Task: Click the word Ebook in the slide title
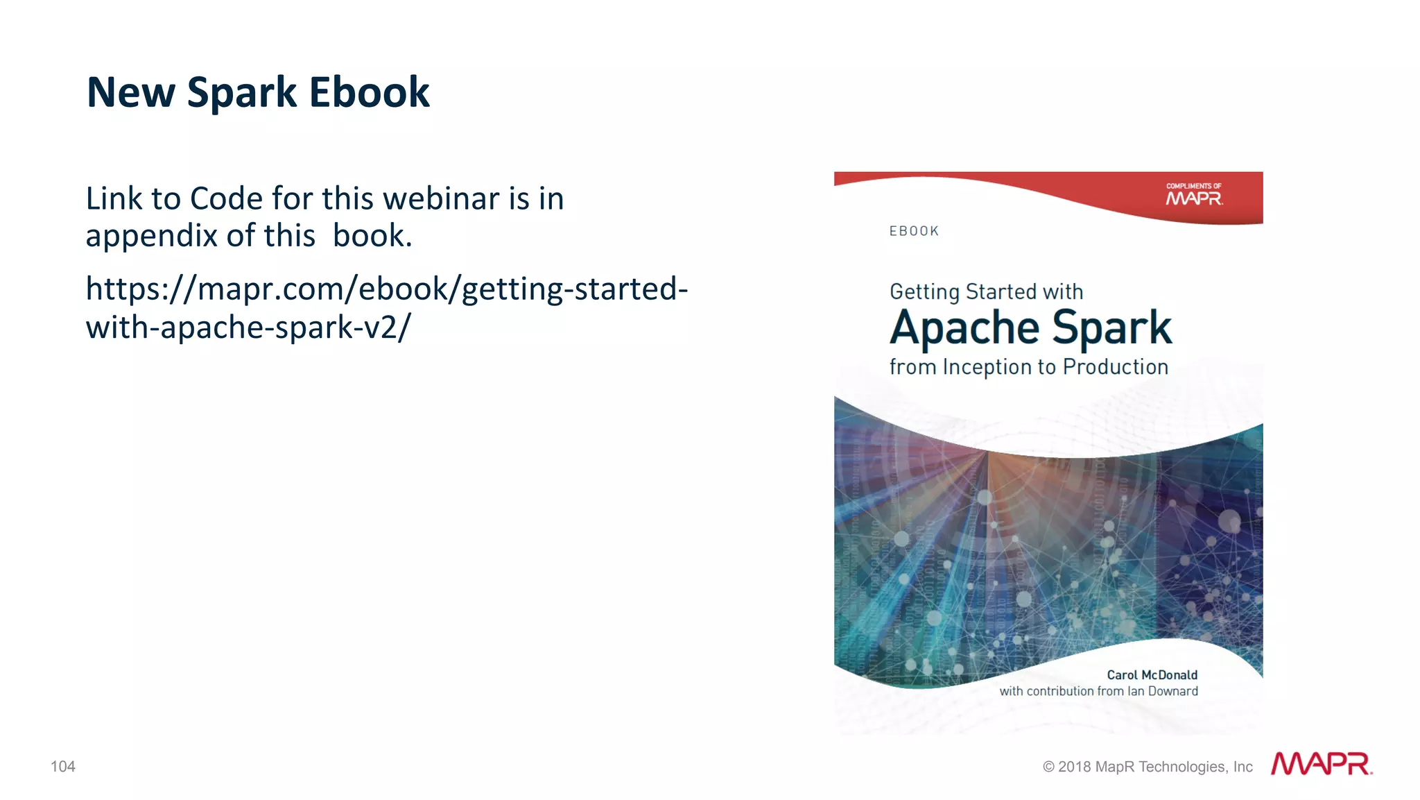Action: (x=369, y=92)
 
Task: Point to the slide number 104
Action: (x=63, y=766)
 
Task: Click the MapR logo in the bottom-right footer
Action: (x=1321, y=764)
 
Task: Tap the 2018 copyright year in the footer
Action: (x=1074, y=767)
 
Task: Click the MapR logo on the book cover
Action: (x=1194, y=199)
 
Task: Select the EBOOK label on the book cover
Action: (x=914, y=231)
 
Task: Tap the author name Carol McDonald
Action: (x=1152, y=674)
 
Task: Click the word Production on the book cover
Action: (x=1115, y=366)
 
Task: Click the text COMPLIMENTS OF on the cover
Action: (x=1193, y=186)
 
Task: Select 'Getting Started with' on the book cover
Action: (x=986, y=291)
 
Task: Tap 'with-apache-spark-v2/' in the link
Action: (x=248, y=327)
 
